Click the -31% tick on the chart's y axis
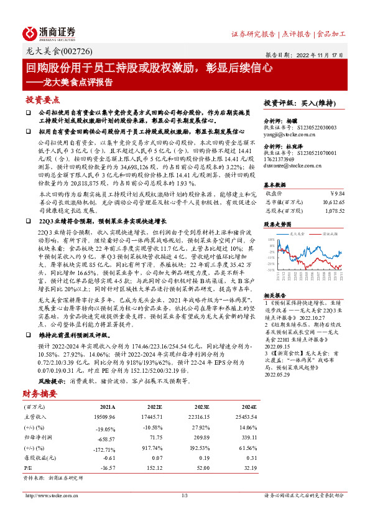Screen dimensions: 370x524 pos(270,270)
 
